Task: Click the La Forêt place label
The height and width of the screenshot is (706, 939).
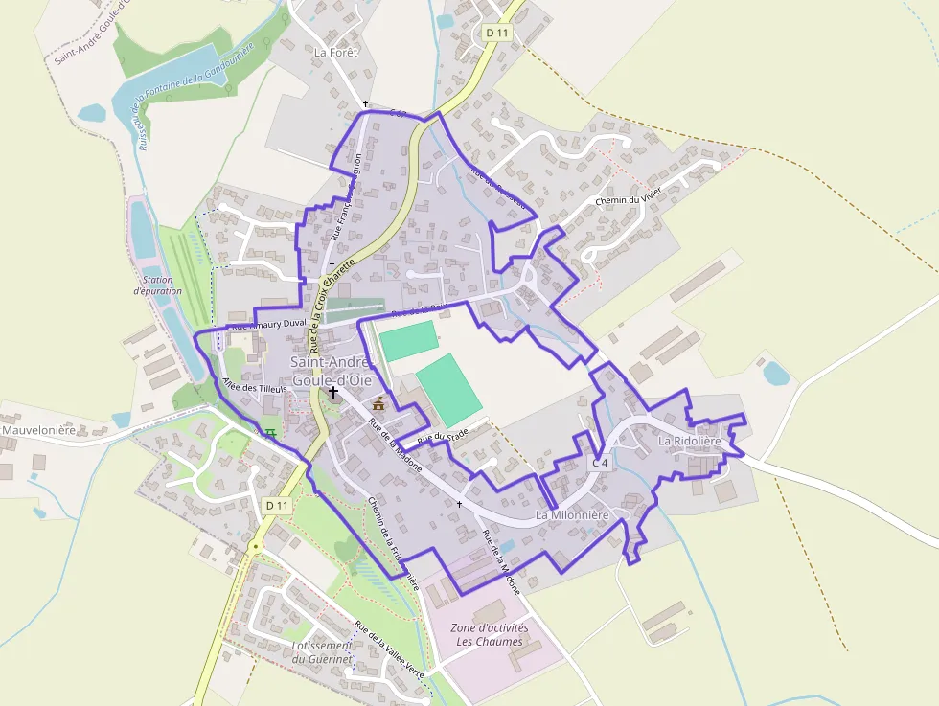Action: [x=335, y=53]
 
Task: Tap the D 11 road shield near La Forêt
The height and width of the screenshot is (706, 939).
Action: [x=495, y=33]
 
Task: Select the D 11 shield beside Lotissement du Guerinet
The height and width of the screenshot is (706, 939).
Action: [x=277, y=505]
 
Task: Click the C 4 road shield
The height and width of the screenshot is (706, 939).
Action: [x=600, y=463]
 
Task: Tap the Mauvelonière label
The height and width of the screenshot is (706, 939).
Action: [x=38, y=430]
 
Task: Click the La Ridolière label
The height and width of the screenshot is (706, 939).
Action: [x=688, y=441]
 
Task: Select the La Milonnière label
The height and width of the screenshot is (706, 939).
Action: [x=572, y=515]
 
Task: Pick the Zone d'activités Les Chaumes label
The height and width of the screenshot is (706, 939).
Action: [x=489, y=634]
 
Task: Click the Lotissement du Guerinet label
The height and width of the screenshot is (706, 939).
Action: [x=323, y=652]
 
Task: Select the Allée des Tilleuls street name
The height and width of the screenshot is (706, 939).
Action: [x=242, y=395]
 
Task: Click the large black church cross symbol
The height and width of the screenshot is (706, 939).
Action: [x=333, y=392]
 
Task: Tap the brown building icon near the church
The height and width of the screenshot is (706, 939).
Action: [x=378, y=402]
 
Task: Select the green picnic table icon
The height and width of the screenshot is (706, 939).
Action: [x=271, y=433]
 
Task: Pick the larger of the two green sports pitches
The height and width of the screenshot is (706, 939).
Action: [x=449, y=389]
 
